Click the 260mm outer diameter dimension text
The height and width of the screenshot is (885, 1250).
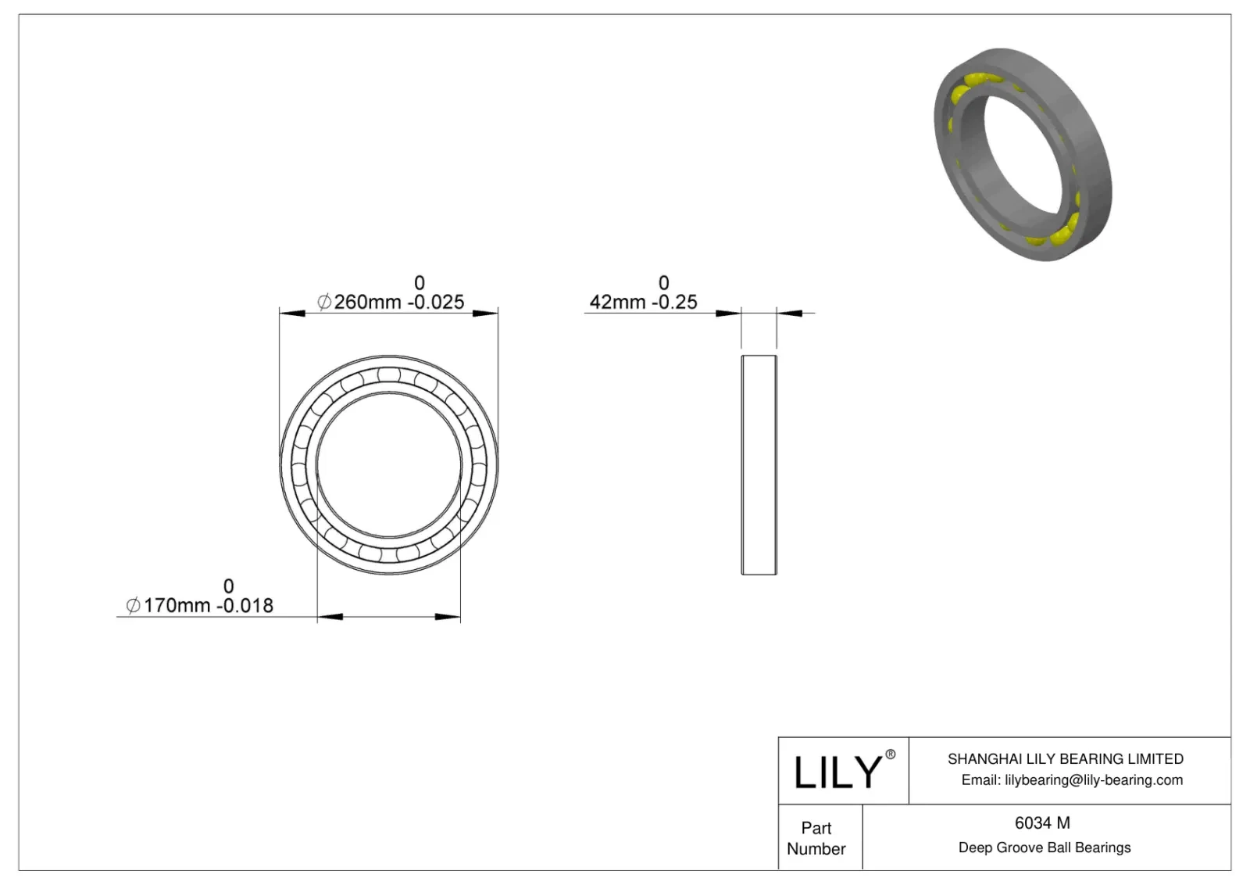367,302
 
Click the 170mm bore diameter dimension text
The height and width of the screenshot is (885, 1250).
177,606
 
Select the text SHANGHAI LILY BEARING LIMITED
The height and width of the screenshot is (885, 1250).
1065,758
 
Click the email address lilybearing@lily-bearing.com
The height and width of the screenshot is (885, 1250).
1094,779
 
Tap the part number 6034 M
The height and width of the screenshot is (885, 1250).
1042,822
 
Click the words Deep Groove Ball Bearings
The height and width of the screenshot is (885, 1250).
1044,847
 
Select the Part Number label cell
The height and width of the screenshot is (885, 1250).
816,838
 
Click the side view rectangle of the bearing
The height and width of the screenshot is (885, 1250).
759,464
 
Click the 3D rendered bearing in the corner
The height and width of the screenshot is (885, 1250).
1023,154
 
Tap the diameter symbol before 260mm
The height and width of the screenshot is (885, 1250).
324,302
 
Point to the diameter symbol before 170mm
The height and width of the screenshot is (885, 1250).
134,606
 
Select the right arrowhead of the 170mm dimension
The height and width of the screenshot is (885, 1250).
448,618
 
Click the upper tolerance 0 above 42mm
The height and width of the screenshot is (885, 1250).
663,282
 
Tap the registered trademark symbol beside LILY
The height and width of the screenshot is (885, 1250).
890,754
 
